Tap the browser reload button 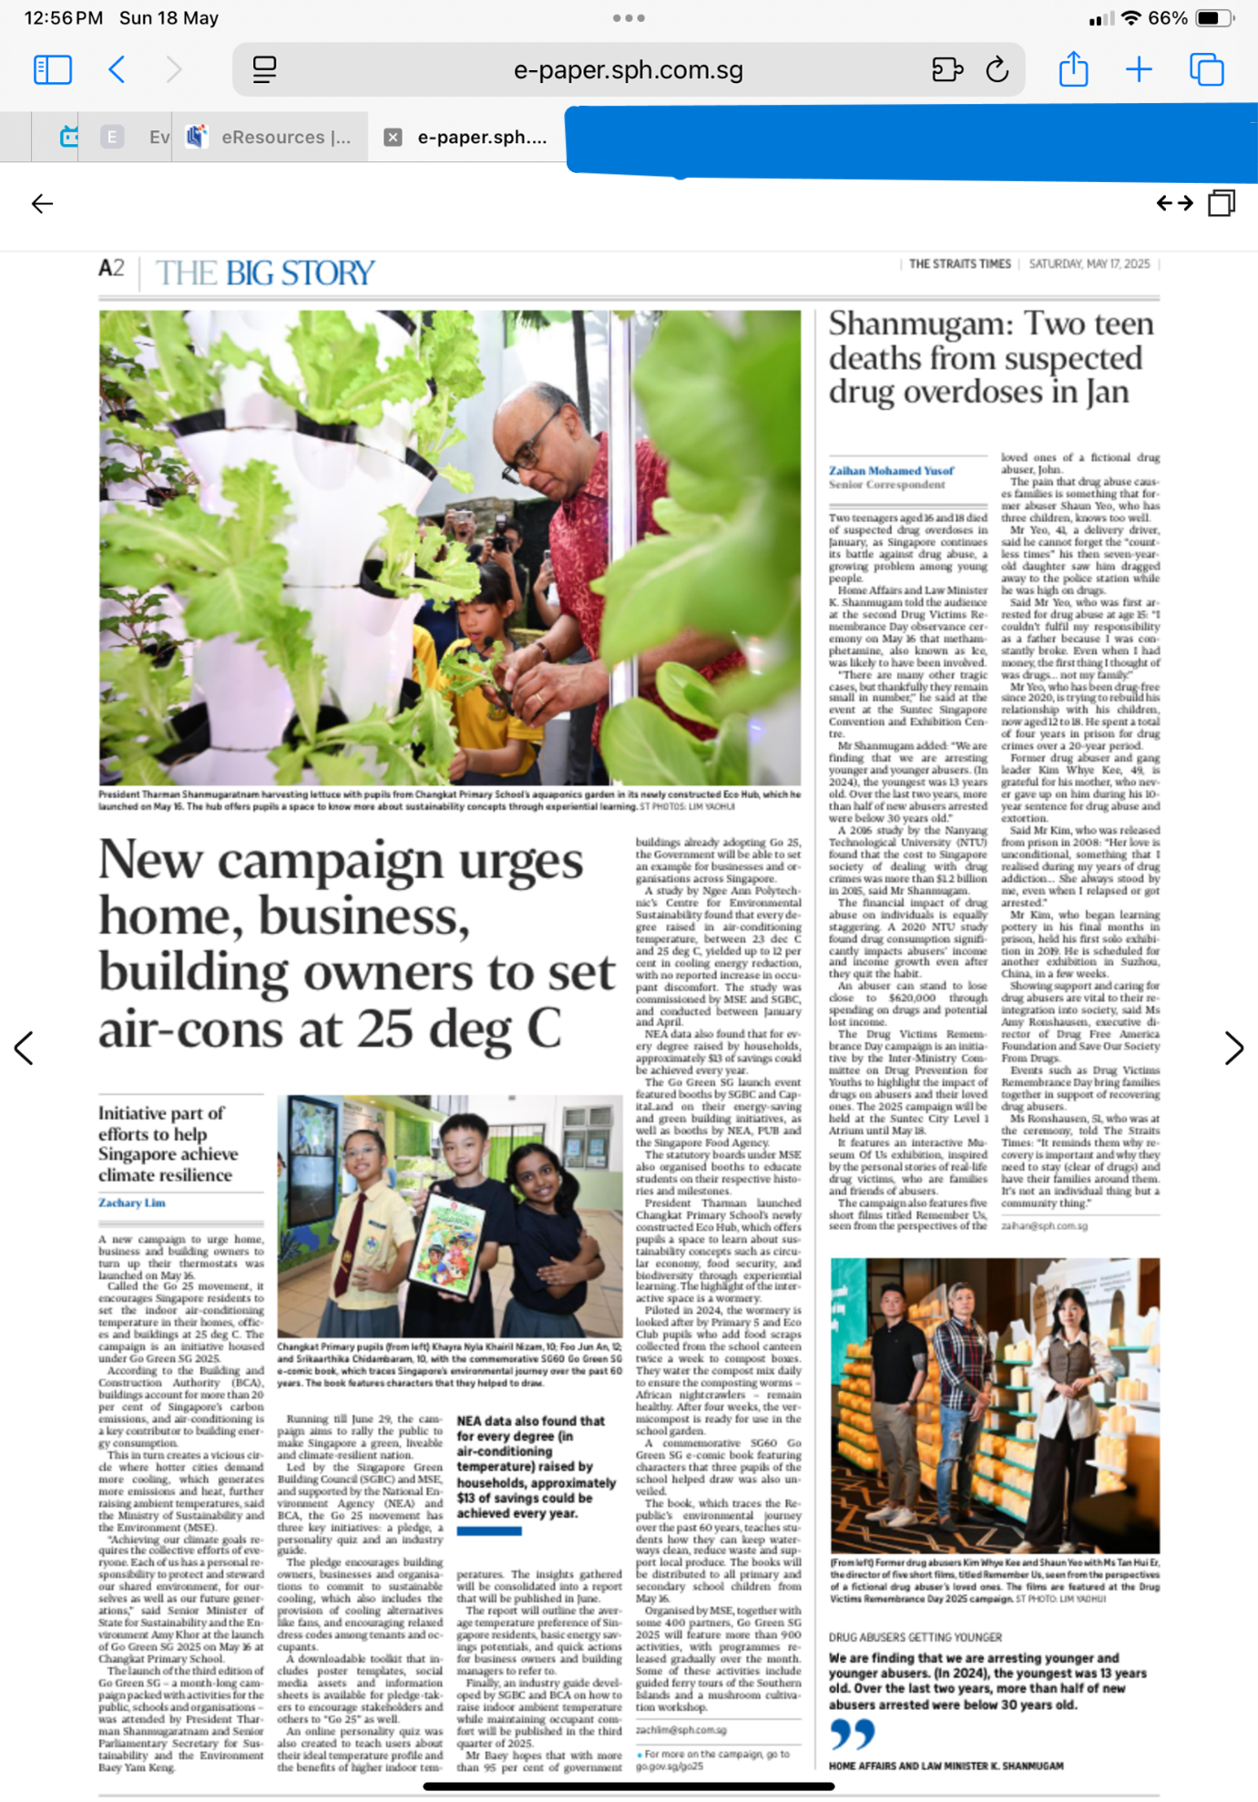coord(997,70)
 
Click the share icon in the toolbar coord(1073,70)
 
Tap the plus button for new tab coord(1139,70)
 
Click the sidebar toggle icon coord(52,70)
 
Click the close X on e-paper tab coord(393,138)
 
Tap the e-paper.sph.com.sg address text coord(628,70)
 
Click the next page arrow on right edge coord(1233,1048)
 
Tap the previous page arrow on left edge coord(25,1048)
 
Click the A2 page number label coord(111,269)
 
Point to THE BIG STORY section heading coord(264,272)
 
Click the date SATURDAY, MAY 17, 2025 coord(1089,264)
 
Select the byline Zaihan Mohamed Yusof coord(891,471)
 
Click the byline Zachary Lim coord(132,1203)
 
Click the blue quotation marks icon coord(852,1734)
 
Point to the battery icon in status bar coord(1213,18)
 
